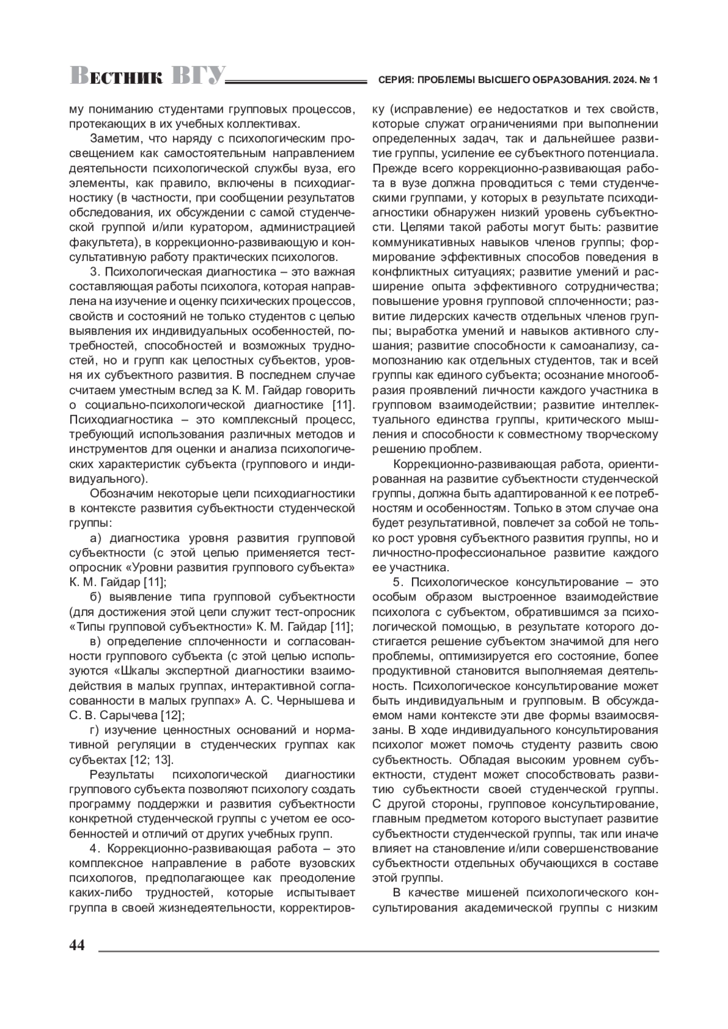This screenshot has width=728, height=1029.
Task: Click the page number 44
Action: [77, 945]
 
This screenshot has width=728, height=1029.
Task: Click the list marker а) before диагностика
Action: [95, 537]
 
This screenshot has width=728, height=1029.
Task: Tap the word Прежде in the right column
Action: [392, 168]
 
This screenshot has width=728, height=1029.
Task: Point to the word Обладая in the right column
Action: [485, 760]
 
